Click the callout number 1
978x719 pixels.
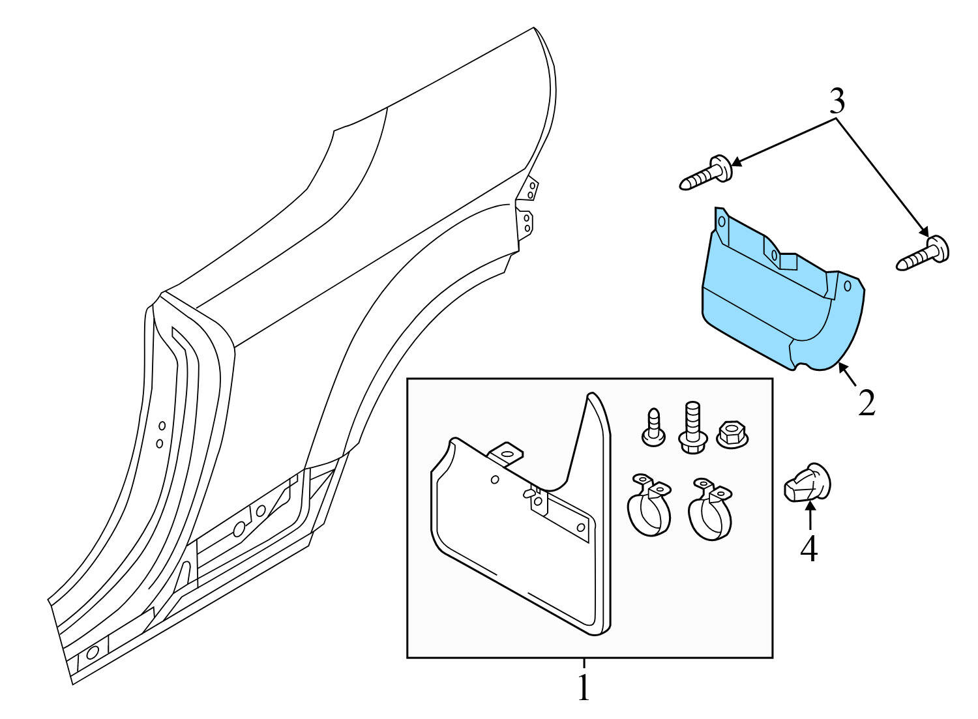pyautogui.click(x=584, y=688)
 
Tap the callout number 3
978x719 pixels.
pyautogui.click(x=837, y=102)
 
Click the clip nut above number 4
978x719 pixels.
pyautogui.click(x=807, y=484)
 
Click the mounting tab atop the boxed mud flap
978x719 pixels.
pyautogui.click(x=507, y=453)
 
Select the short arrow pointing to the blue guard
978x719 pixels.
pyautogui.click(x=848, y=375)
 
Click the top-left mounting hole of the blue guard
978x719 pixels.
pyautogui.click(x=721, y=222)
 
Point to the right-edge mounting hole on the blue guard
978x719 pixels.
pyautogui.click(x=848, y=286)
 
